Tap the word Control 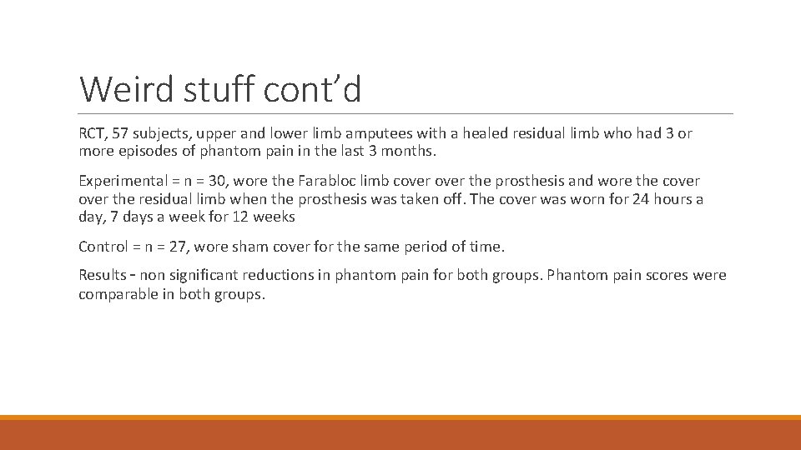pos(102,247)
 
